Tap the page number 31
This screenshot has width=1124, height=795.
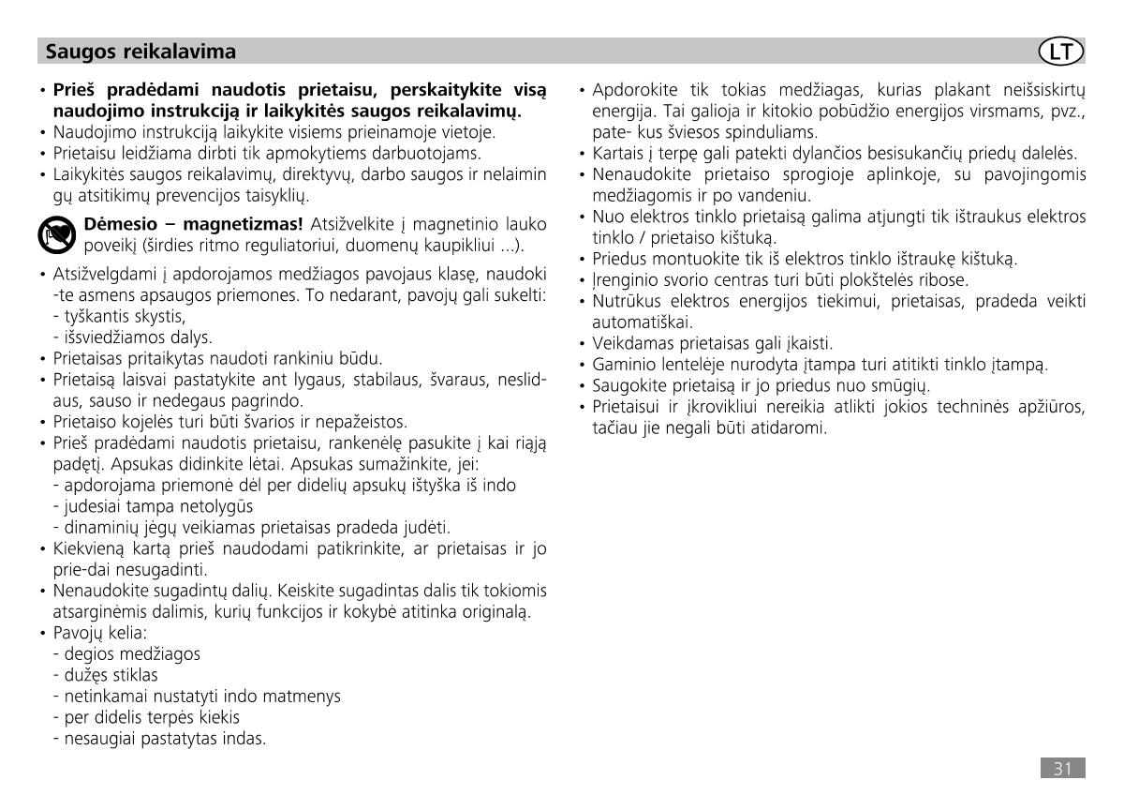pyautogui.click(x=1062, y=769)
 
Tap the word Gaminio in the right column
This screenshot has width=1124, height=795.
pyautogui.click(x=621, y=364)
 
